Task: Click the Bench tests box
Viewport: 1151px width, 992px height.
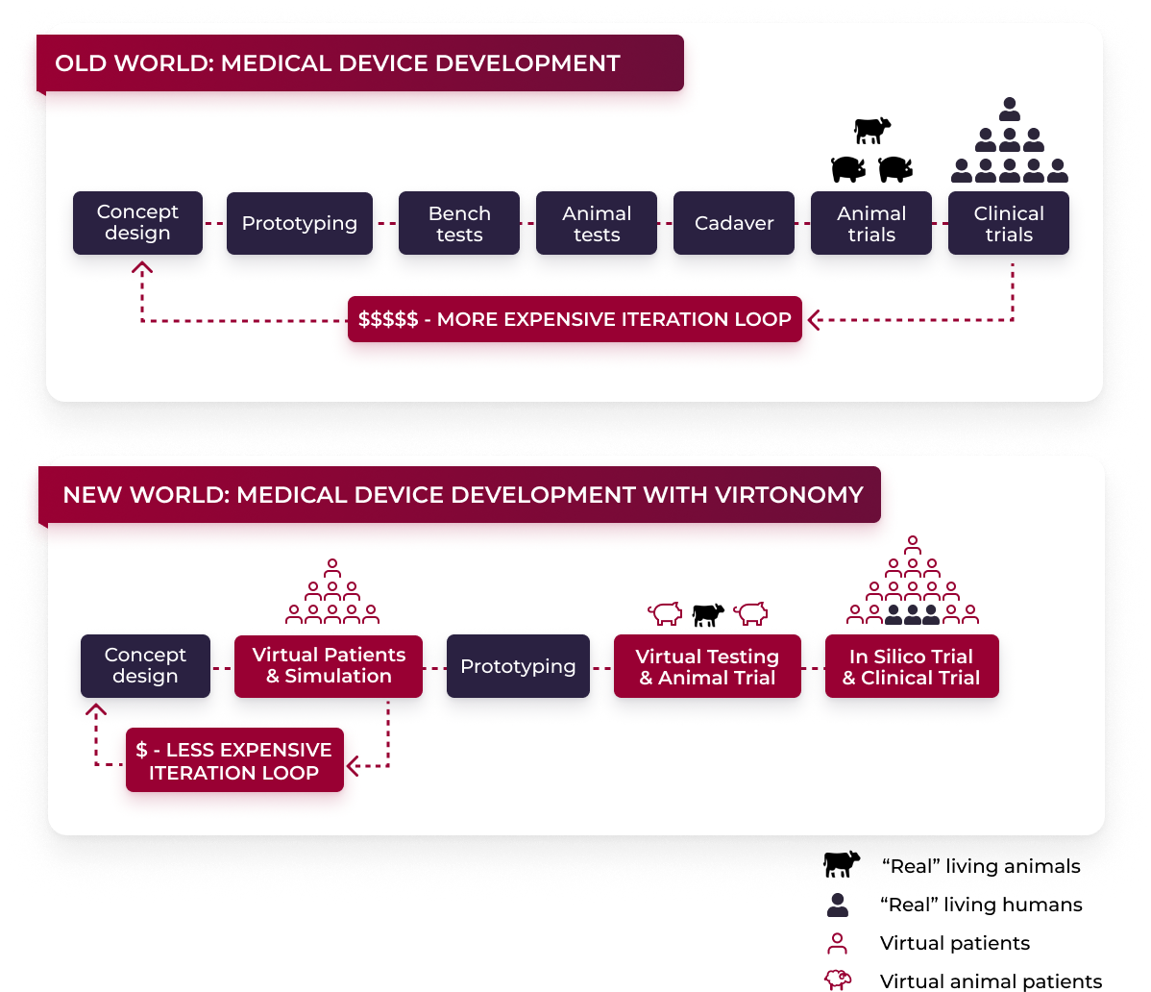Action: [x=459, y=223]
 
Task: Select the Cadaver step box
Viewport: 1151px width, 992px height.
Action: [x=734, y=223]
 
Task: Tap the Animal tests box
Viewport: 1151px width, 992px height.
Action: [x=597, y=223]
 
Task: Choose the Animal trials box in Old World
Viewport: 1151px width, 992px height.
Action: [x=871, y=223]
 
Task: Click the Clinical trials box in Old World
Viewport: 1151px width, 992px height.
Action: [x=1009, y=223]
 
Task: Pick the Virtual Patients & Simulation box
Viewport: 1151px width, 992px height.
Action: [x=329, y=665]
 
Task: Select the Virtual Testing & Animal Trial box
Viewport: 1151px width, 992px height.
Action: [x=707, y=666]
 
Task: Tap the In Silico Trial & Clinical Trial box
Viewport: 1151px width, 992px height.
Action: [x=912, y=666]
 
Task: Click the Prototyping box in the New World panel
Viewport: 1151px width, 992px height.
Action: [x=518, y=666]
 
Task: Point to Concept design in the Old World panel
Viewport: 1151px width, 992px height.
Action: [x=137, y=223]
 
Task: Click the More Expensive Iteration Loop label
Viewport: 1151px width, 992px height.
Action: [x=575, y=319]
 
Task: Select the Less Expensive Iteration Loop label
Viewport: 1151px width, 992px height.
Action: [x=234, y=760]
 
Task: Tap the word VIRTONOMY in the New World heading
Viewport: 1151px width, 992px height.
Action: [x=790, y=495]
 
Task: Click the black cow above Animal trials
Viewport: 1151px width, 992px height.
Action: [x=872, y=129]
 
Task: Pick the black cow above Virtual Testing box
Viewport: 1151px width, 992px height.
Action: [x=708, y=614]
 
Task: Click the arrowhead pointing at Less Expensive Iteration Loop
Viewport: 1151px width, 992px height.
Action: [x=353, y=766]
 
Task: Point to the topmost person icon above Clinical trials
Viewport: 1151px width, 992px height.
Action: [x=1009, y=108]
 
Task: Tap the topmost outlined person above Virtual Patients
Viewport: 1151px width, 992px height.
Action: [x=332, y=566]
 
